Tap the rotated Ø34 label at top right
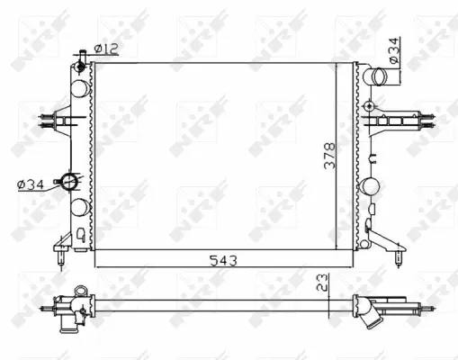394,50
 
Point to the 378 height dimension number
329,157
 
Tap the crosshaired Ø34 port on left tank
68,182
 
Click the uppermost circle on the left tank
79,87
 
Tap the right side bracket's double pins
430,116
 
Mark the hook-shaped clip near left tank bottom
83,237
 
